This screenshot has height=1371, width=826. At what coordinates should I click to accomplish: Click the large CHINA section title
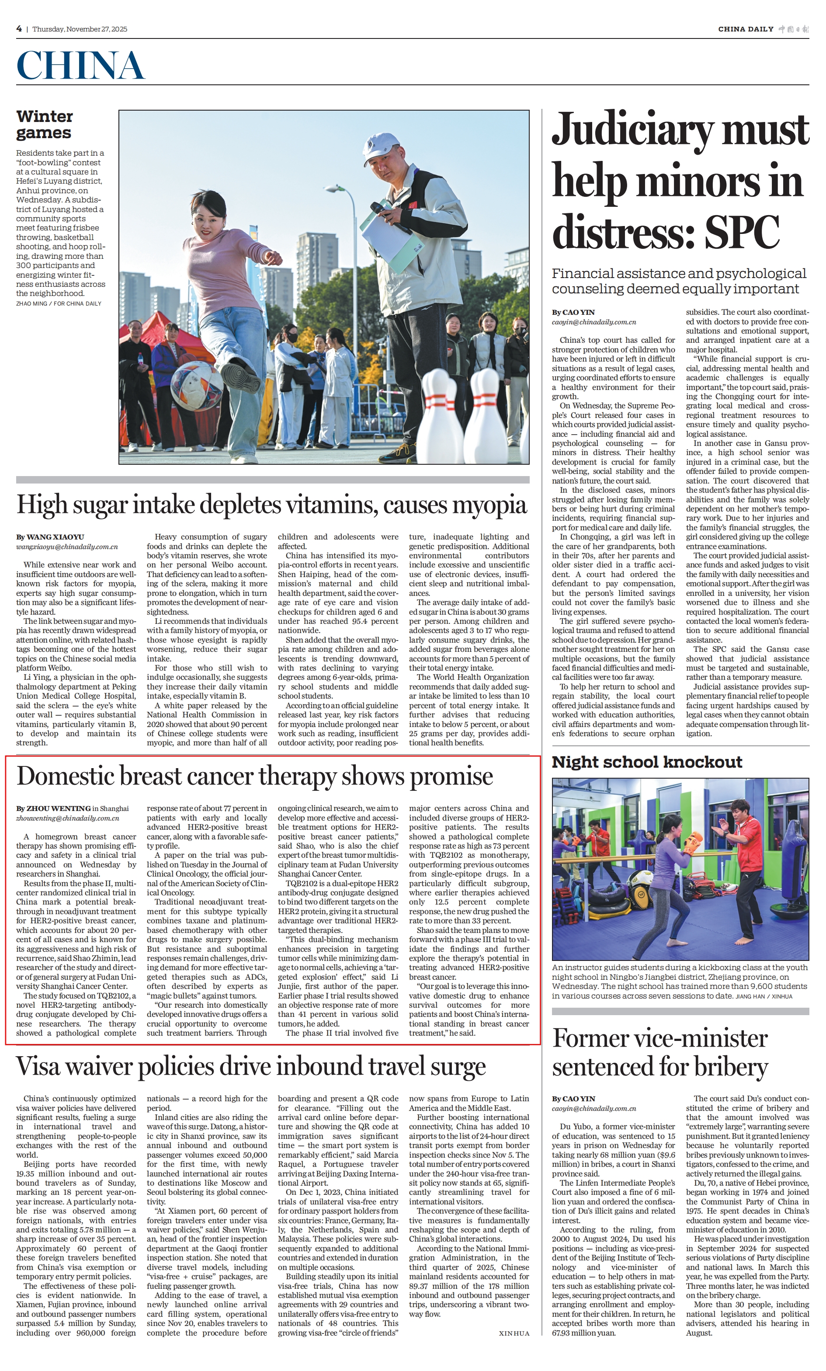81,65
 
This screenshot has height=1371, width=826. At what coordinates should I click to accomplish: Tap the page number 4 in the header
19,29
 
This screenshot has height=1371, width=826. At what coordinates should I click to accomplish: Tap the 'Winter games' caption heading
44,125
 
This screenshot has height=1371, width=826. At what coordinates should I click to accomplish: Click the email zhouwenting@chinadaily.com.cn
67,818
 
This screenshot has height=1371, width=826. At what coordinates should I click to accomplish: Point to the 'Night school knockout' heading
647,762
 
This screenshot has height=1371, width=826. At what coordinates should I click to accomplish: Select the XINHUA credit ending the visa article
514,1333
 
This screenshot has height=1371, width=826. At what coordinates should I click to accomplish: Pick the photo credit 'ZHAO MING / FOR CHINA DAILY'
59,303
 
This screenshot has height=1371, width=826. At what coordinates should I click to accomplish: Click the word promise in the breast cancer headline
451,776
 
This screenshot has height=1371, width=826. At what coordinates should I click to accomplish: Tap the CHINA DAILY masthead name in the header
745,29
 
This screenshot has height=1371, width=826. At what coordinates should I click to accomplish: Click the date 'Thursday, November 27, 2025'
80,29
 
